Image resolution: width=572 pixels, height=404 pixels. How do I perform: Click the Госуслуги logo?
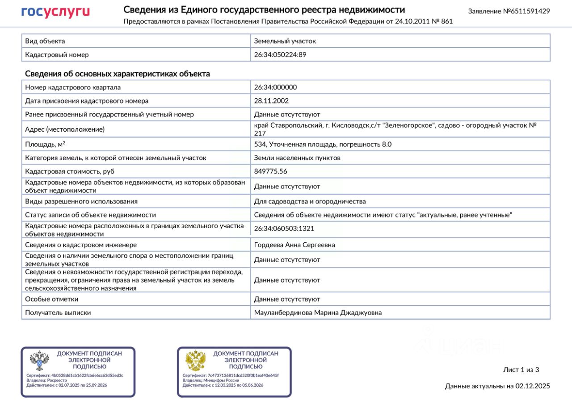coord(55,12)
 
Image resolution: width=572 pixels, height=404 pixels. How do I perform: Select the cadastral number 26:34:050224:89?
coord(280,55)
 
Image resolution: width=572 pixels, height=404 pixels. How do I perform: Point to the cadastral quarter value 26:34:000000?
coord(275,87)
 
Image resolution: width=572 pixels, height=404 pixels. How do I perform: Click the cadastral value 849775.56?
coord(271,171)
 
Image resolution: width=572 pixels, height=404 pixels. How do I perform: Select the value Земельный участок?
coord(285,41)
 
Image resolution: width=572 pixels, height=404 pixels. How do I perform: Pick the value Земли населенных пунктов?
coord(297,158)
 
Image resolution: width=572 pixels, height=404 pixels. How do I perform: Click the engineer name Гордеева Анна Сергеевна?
coord(294,245)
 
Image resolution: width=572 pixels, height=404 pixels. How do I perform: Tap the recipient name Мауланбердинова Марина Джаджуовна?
coord(318,313)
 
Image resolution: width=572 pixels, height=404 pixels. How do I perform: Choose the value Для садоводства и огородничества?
coord(310,201)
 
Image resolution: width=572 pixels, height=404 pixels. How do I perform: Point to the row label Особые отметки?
coord(52,299)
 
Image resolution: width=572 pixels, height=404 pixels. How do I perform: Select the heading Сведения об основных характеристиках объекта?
coord(118,74)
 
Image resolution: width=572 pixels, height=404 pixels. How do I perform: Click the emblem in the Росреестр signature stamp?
coord(39,361)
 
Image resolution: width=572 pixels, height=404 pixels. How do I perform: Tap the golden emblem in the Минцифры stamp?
coord(195,361)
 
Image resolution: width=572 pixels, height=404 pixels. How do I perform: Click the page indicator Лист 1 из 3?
coord(521,370)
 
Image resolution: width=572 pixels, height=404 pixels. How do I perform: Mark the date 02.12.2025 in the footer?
coord(533,386)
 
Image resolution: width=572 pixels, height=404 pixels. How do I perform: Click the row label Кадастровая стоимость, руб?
coord(69,171)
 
